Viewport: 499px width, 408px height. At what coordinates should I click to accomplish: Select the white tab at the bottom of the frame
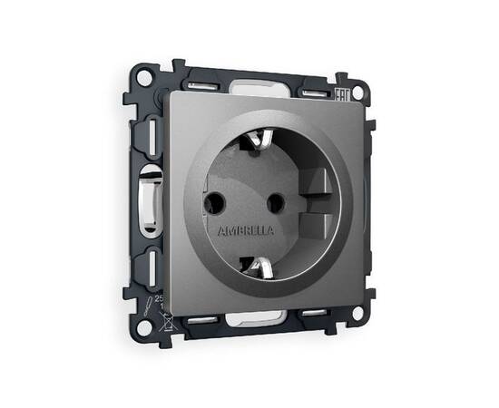coord(259,320)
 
